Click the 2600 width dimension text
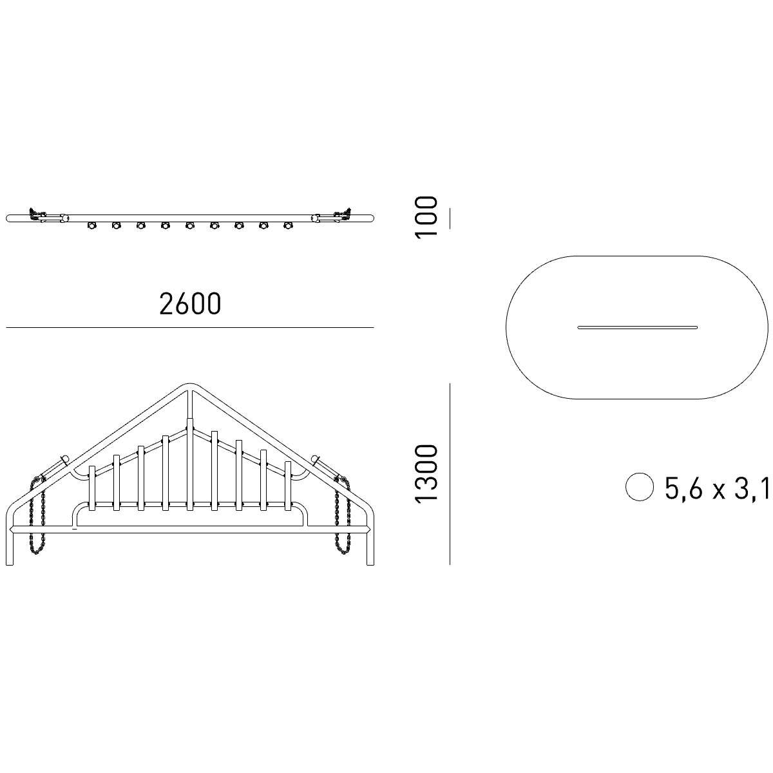(190, 303)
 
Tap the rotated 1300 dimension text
(426, 473)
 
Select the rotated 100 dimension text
(426, 218)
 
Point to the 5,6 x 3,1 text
(718, 488)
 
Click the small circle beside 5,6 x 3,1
(640, 486)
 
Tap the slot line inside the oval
(638, 328)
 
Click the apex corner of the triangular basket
(190, 385)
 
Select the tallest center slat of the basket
(190, 464)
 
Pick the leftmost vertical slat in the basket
(92, 488)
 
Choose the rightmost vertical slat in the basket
(287, 486)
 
